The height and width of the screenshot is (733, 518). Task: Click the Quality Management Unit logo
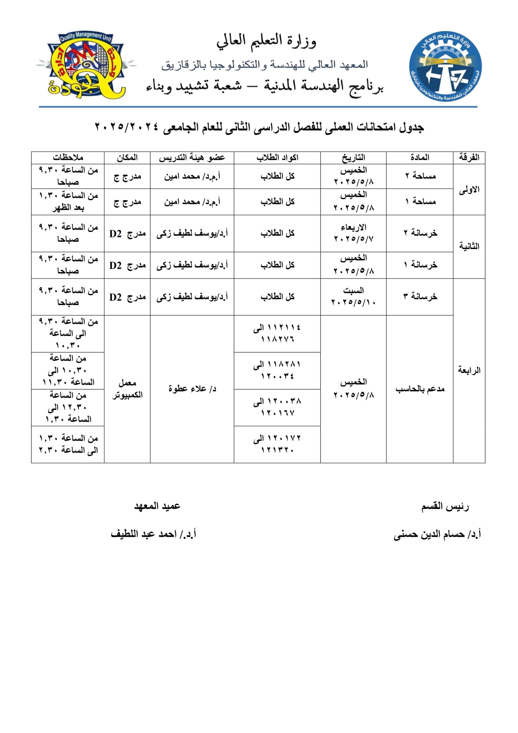[86, 66]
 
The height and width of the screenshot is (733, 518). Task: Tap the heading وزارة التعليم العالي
[266, 42]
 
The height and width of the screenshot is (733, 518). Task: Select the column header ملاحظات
[68, 158]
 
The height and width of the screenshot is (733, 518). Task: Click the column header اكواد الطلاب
[277, 158]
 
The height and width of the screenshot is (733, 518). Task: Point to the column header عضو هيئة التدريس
[192, 158]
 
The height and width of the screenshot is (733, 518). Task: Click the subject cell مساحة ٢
[420, 176]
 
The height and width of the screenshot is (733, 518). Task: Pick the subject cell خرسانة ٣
[420, 297]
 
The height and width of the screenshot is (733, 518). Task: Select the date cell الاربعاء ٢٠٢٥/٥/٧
[353, 233]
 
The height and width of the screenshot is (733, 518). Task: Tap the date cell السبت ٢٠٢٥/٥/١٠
[353, 296]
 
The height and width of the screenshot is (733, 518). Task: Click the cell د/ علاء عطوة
[192, 389]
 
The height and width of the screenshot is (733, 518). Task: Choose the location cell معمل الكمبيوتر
[127, 389]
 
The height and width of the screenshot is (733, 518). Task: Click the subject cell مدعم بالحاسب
[420, 389]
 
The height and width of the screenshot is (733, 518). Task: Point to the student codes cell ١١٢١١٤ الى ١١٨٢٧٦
[277, 333]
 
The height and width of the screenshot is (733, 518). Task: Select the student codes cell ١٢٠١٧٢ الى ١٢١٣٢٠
[277, 444]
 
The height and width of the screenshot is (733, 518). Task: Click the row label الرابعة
[469, 370]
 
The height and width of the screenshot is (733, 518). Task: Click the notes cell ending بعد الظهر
[68, 202]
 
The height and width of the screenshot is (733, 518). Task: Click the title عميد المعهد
[157, 506]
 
